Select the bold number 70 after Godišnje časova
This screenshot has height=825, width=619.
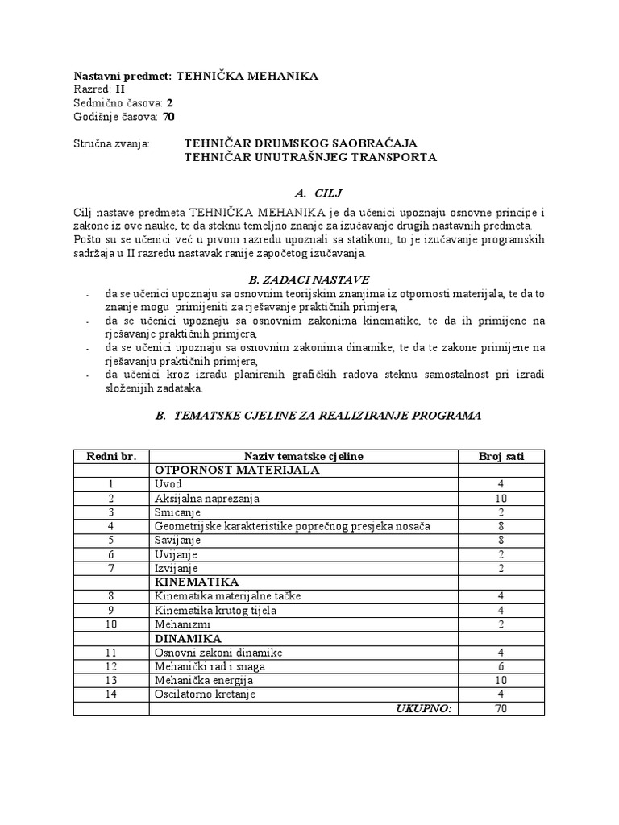point(168,116)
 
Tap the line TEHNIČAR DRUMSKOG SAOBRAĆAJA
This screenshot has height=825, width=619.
point(301,143)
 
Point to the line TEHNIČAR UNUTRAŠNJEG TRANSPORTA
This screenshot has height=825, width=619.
point(310,157)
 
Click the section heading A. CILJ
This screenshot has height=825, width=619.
point(309,193)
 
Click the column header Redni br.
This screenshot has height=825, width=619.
point(110,456)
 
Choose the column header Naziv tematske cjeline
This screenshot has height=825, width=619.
point(302,456)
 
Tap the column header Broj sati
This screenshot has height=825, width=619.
point(501,456)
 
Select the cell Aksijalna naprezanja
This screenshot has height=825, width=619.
point(206,498)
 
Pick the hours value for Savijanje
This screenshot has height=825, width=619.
point(501,540)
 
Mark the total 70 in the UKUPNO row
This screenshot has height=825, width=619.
point(501,708)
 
